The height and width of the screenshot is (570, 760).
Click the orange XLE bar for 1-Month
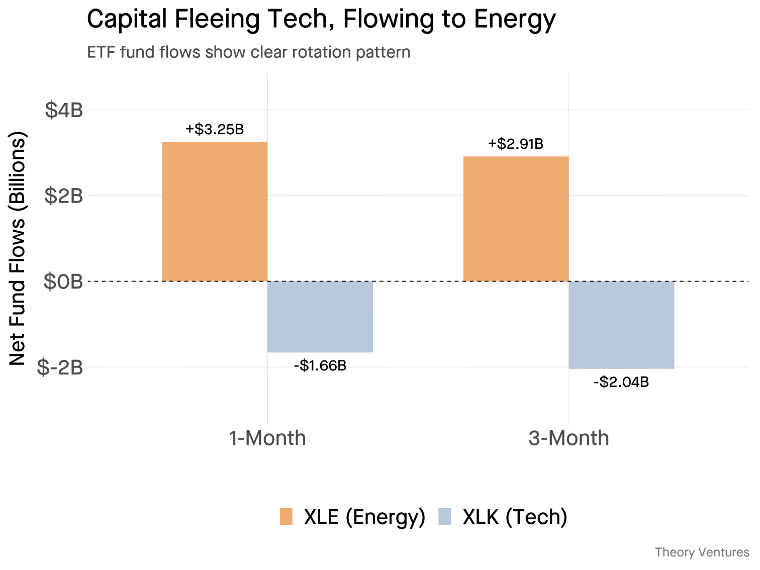click(x=215, y=212)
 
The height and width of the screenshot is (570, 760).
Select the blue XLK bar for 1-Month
click(x=320, y=317)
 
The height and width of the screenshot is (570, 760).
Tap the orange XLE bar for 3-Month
click(x=516, y=219)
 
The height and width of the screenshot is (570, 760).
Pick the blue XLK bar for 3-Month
click(x=621, y=325)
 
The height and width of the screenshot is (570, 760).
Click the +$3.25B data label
click(x=215, y=129)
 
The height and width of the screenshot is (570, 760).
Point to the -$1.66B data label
click(x=320, y=365)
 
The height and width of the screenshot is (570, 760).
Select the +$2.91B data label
click(x=516, y=144)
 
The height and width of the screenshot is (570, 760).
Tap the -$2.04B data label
click(x=621, y=382)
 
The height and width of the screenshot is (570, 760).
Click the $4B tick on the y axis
click(x=64, y=110)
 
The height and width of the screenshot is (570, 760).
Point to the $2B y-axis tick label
click(x=64, y=196)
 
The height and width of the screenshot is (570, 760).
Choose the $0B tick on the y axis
click(x=63, y=281)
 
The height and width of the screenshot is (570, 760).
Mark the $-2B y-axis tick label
click(x=60, y=367)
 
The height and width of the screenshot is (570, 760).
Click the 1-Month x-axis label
click(x=267, y=438)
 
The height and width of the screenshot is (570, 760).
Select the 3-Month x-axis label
click(x=568, y=438)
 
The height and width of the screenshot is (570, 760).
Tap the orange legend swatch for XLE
click(x=286, y=517)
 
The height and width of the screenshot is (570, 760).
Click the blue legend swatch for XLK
click(x=445, y=517)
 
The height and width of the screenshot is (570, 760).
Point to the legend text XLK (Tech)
click(x=515, y=517)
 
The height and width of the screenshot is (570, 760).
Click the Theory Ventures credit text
click(x=702, y=552)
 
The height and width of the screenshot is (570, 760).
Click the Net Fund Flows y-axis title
click(x=18, y=248)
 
